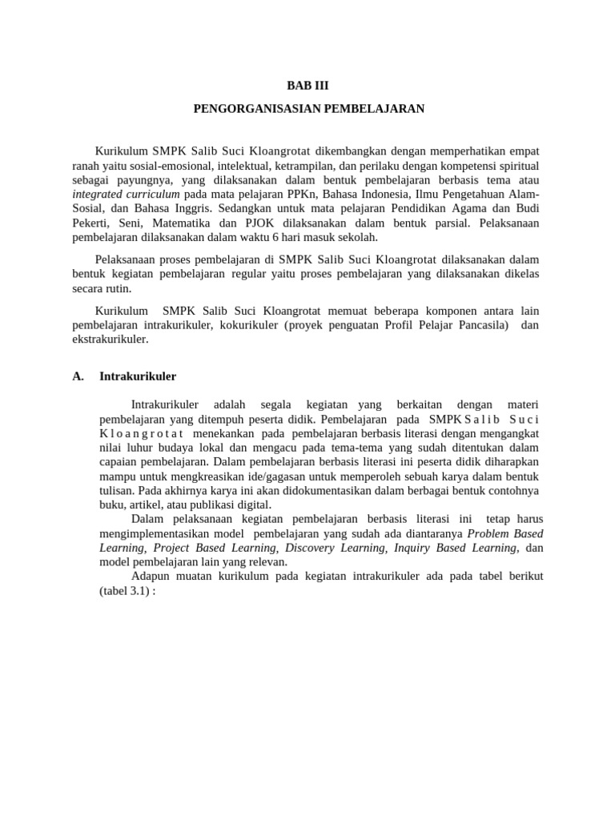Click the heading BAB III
coord(307,86)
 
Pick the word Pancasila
coord(479,325)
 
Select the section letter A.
coord(78,376)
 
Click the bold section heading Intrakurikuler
coord(138,376)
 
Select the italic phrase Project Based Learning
coord(214,548)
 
